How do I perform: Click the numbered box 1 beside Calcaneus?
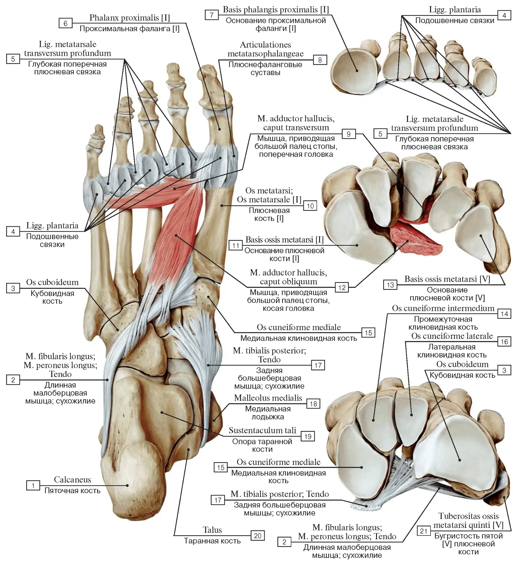(33, 486)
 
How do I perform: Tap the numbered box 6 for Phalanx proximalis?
(66, 23)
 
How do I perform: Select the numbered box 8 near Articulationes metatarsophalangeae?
(320, 60)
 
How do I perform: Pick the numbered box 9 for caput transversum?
(349, 134)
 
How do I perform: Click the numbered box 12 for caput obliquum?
(342, 287)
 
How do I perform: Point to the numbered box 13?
(390, 285)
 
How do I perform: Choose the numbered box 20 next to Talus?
(258, 536)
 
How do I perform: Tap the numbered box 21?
(424, 531)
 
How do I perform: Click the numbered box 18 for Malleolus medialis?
(313, 404)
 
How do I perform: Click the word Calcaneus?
(72, 480)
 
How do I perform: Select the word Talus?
(212, 530)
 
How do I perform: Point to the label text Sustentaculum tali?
(262, 430)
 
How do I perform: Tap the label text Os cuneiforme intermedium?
(443, 308)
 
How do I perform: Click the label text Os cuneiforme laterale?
(452, 336)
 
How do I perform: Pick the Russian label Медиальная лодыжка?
(268, 413)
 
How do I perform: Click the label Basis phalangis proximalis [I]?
(276, 10)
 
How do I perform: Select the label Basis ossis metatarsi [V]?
(447, 279)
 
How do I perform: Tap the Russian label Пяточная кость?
(72, 491)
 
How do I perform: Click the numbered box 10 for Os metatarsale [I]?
(310, 206)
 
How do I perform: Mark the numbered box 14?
(505, 314)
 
